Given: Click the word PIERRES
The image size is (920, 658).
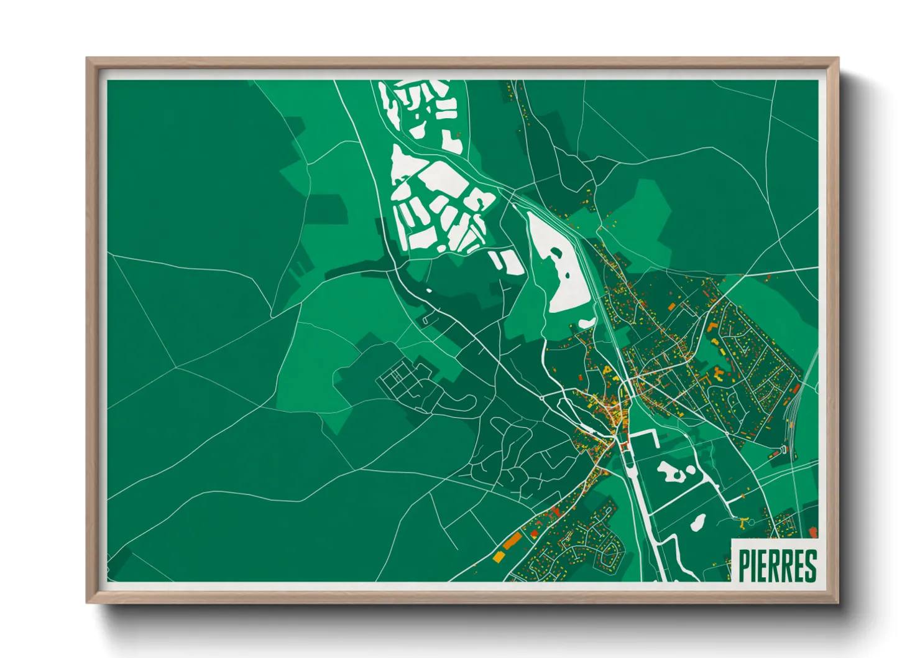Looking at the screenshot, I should point(777,565).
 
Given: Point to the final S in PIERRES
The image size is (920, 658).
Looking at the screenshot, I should point(810,565).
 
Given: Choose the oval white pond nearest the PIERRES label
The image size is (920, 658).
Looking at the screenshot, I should point(698,522).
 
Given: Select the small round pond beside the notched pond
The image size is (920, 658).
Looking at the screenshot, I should point(690,470).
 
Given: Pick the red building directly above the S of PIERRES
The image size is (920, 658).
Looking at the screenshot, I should point(814,532).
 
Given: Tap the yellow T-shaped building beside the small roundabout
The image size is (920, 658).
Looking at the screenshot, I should point(743,522).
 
